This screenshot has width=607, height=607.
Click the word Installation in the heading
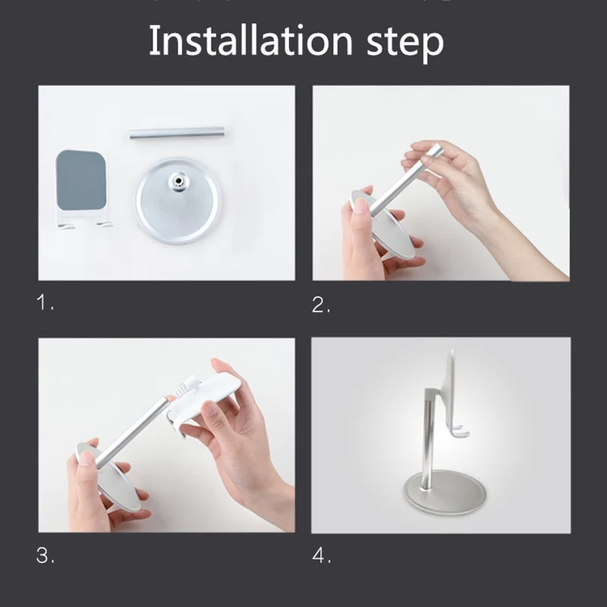click(x=250, y=40)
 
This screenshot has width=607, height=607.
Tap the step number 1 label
click(x=45, y=302)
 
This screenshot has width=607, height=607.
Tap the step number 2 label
click(x=321, y=305)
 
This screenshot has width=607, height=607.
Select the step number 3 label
click(x=46, y=555)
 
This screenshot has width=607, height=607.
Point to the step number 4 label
click(x=321, y=555)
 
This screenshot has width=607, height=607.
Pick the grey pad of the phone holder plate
click(x=80, y=180)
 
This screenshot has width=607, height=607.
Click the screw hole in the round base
click(x=178, y=181)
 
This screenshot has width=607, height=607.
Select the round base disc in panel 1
click(x=178, y=200)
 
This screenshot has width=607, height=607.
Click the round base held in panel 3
click(x=109, y=477)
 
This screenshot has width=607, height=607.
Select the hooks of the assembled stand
click(x=460, y=431)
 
